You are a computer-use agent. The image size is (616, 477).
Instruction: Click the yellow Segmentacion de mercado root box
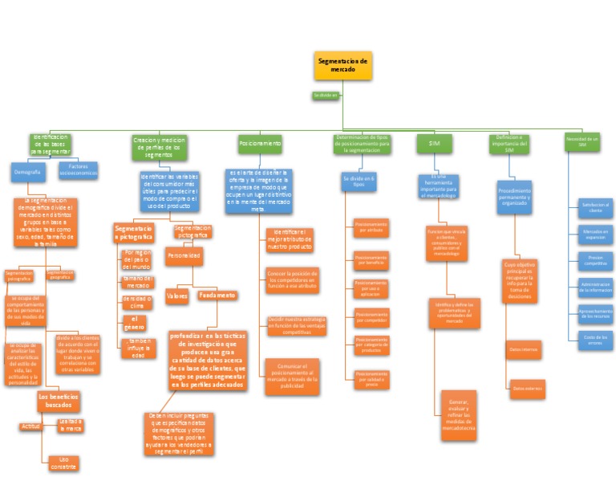point(342,65)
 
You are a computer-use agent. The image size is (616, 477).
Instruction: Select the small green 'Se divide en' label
point(326,95)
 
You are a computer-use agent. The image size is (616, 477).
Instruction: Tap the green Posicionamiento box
point(260,143)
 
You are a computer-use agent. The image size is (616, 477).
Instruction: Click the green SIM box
point(435,143)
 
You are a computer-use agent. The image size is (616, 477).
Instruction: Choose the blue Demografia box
point(27,171)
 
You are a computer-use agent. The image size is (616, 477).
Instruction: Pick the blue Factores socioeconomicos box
point(78,171)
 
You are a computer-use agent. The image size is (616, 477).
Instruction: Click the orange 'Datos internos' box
point(525,349)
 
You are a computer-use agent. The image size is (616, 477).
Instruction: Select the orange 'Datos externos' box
point(527,389)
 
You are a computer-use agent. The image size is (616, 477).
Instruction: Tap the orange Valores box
point(176,296)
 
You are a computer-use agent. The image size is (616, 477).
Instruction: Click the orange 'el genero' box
point(135,324)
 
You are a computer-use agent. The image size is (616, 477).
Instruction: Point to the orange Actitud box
point(30,426)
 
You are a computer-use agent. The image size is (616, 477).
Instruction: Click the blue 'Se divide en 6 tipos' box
point(359,181)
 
